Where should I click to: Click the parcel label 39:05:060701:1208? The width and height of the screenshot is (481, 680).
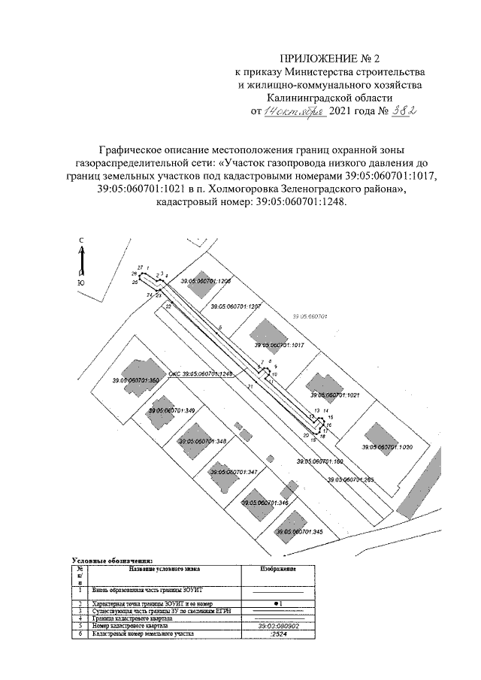[205, 281]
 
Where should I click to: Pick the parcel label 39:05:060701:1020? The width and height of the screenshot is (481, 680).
[387, 446]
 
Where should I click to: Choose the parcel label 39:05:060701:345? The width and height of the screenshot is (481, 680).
[298, 531]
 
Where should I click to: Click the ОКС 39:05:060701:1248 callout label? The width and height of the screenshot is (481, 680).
[201, 373]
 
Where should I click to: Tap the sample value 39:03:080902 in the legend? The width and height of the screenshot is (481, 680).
[279, 624]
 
